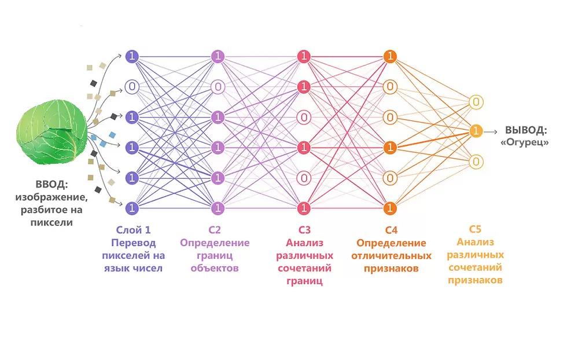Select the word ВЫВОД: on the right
pos(525,130)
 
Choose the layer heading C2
pos(215,230)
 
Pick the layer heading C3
pos(304,230)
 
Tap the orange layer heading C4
pos(391,230)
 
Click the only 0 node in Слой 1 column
pos(132,87)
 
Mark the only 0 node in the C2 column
pos(218,87)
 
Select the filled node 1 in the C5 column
pos(476,131)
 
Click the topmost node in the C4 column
pos(391,57)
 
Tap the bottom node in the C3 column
pos(304,207)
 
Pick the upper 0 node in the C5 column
pos(476,102)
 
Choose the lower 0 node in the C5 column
pos(476,161)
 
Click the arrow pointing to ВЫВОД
pos(492,131)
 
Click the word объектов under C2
pos(215,268)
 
